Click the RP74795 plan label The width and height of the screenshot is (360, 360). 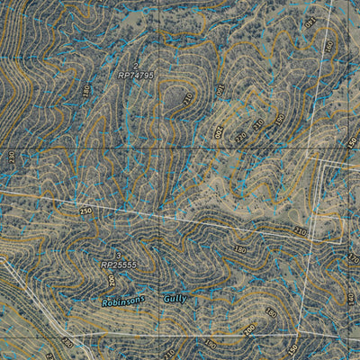click(135, 76)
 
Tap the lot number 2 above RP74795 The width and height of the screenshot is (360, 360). click(137, 66)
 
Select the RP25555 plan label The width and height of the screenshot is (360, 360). click(118, 265)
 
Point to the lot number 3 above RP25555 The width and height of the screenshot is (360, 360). click(117, 256)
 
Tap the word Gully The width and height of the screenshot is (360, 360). click(175, 298)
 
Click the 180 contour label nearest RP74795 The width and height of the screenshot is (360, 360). click(87, 91)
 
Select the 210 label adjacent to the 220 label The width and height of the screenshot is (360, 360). click(258, 124)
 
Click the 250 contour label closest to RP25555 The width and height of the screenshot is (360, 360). click(85, 211)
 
